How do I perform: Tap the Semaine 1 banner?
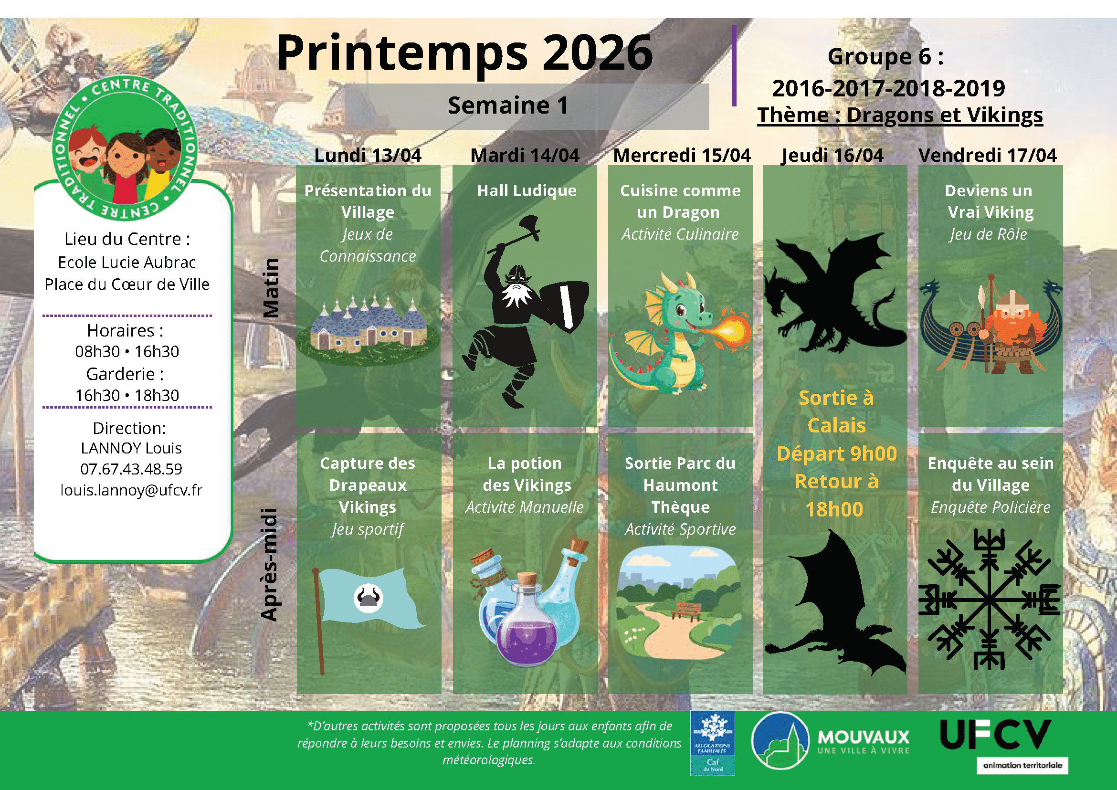(527, 106)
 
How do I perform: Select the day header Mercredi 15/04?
(682, 155)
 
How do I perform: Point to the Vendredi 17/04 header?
(988, 155)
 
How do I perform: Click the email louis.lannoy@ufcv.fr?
(131, 490)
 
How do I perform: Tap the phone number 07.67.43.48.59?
(131, 469)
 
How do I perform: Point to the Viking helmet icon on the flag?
(369, 598)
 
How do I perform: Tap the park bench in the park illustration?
(686, 610)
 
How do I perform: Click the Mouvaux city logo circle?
(780, 741)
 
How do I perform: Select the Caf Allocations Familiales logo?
(712, 743)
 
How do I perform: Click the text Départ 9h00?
(837, 453)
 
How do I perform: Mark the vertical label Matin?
(271, 287)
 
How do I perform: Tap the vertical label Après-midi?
(269, 564)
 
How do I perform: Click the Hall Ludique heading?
(527, 190)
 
